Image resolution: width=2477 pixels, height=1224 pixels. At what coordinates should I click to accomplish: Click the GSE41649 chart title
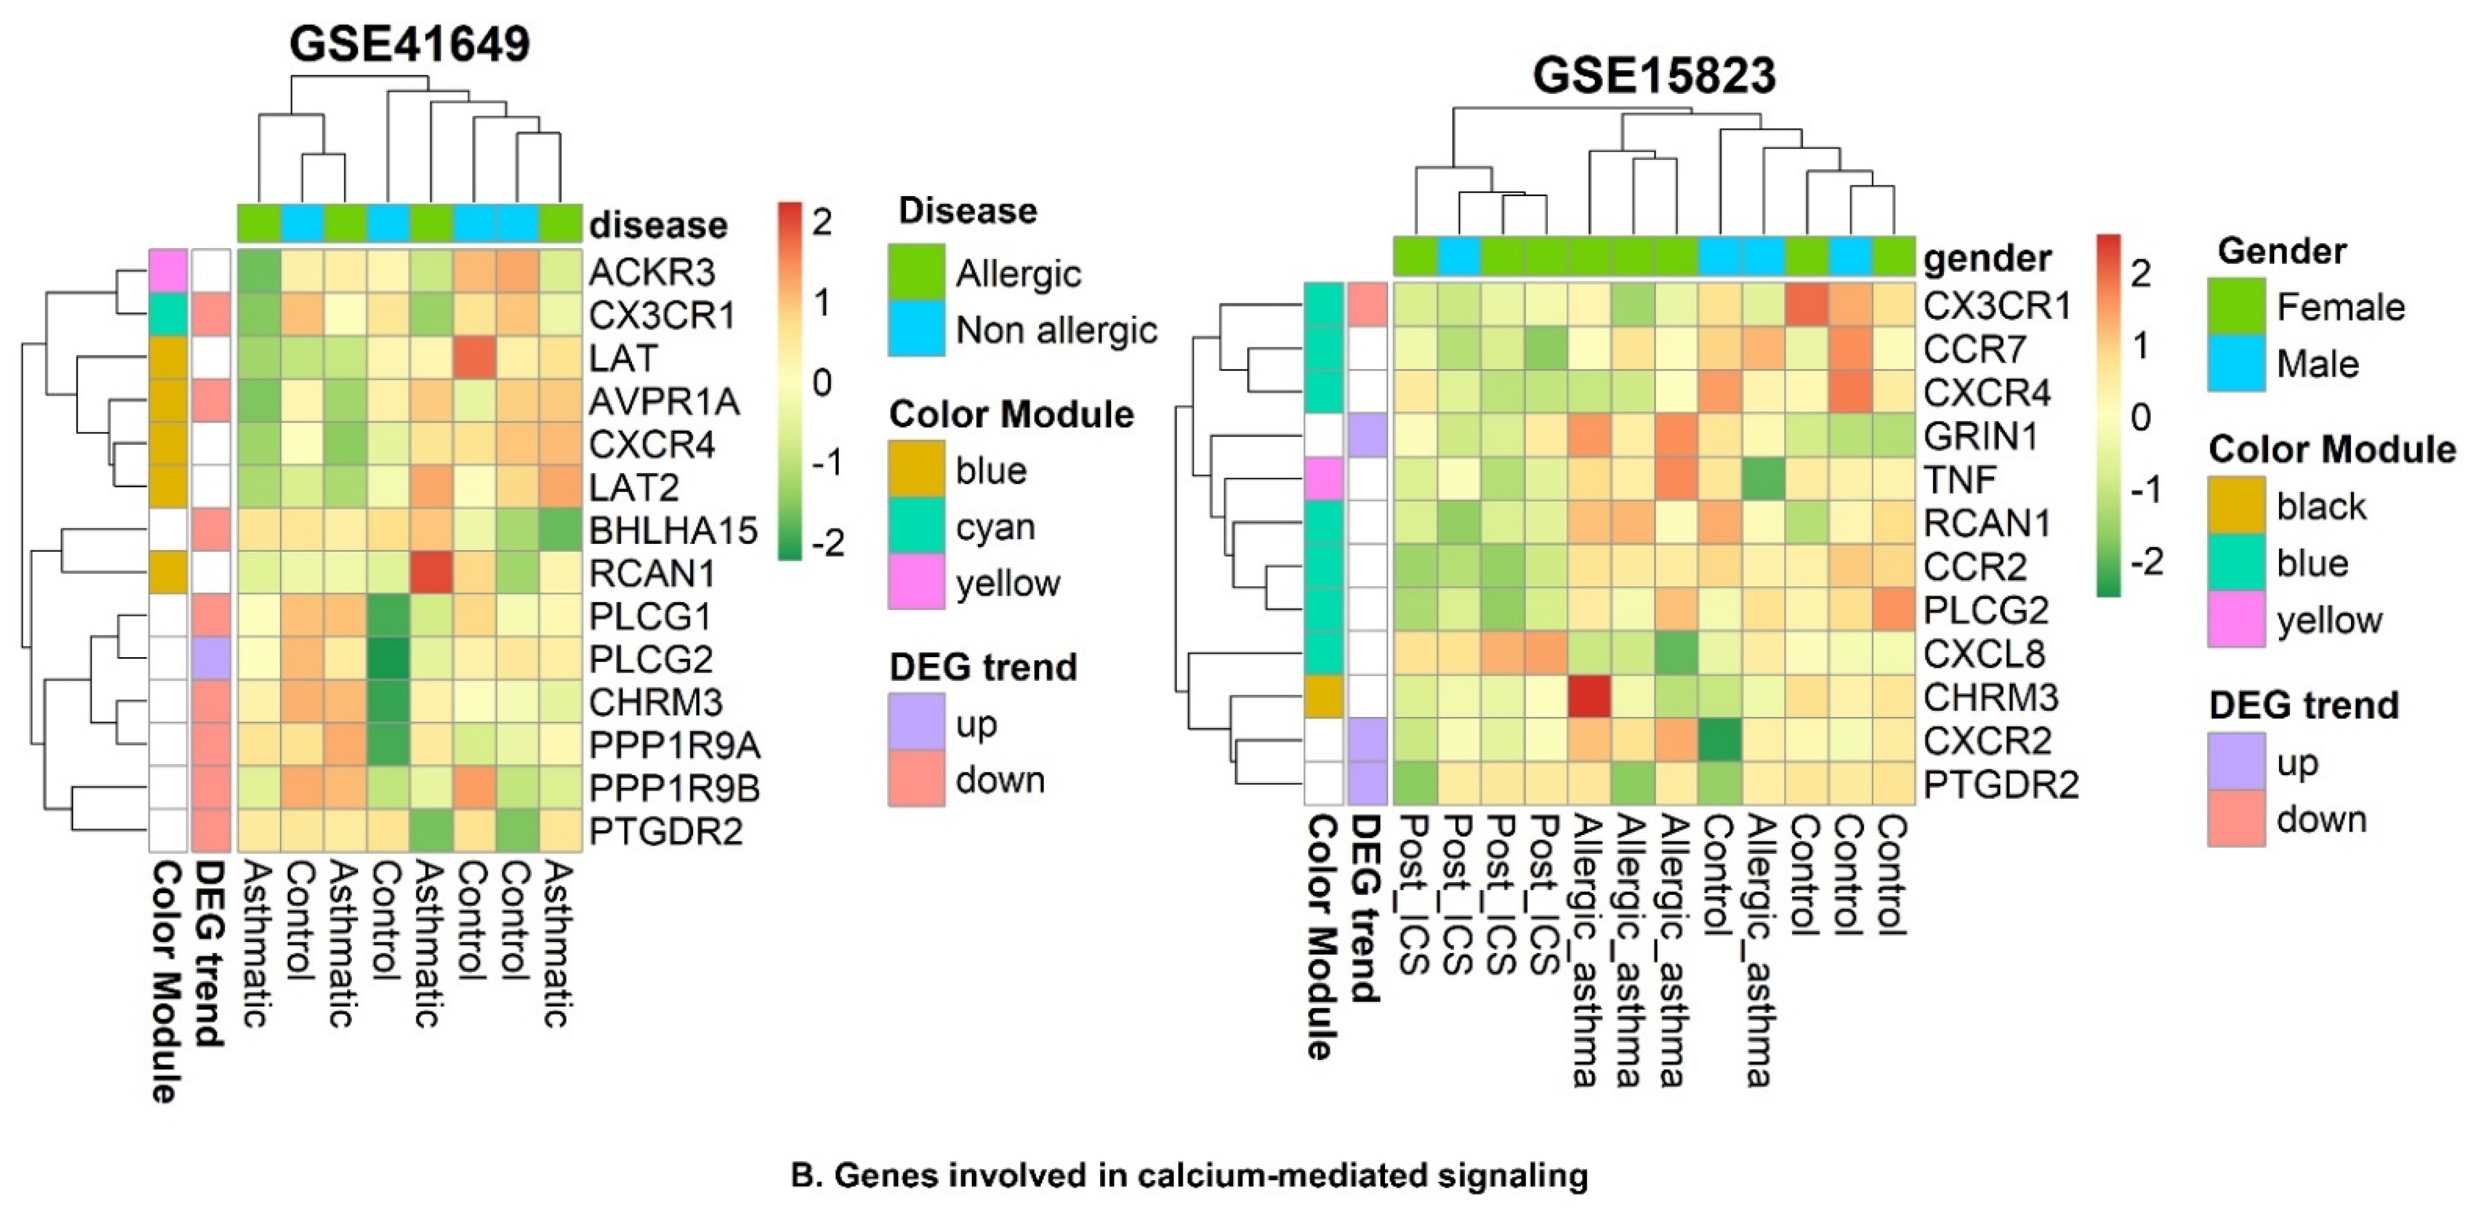410,44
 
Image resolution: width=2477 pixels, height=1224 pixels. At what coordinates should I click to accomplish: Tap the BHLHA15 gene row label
673,531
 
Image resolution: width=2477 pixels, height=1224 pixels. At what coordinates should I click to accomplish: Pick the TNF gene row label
1959,480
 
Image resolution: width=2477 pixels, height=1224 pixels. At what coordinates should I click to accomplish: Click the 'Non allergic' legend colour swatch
915,330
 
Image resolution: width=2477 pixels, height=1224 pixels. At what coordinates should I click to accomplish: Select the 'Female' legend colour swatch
2236,307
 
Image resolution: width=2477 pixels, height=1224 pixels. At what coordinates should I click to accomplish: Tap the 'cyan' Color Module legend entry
991,527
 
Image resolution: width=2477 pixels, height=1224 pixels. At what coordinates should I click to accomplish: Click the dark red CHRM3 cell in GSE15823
1589,697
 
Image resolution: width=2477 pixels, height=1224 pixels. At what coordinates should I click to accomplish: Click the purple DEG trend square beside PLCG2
211,659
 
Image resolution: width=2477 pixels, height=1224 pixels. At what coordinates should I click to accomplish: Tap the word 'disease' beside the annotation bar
658,225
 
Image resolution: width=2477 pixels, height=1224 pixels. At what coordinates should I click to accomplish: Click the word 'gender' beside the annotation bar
1987,258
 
